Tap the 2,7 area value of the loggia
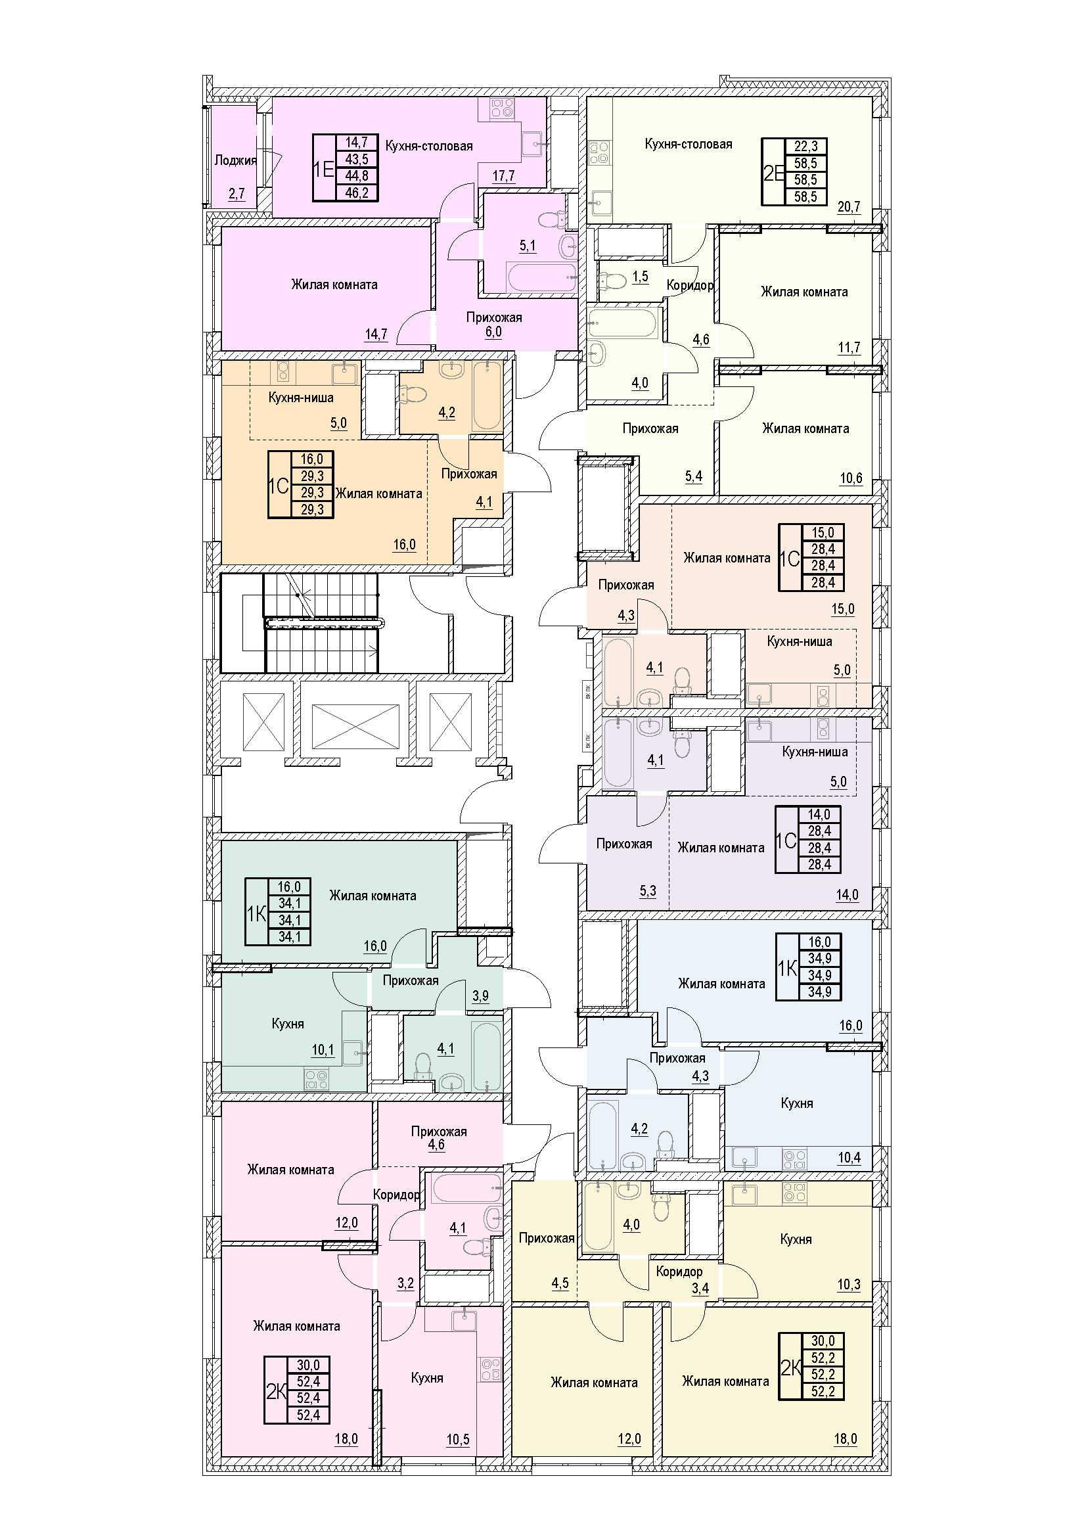(x=237, y=194)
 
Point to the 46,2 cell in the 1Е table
(x=357, y=193)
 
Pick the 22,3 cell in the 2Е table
(x=806, y=146)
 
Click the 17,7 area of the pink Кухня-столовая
(x=503, y=176)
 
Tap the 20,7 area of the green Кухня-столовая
(x=848, y=207)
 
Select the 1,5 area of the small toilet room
(x=641, y=277)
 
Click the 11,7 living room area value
(x=848, y=348)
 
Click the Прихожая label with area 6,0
(x=495, y=317)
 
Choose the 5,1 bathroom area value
(x=528, y=246)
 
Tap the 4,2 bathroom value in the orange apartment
(x=446, y=413)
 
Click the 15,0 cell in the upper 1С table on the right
(x=823, y=533)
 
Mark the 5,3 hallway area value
(x=648, y=891)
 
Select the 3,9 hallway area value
(x=480, y=996)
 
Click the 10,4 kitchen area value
(x=849, y=1157)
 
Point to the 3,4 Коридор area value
(x=700, y=1288)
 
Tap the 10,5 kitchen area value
(x=458, y=1440)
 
